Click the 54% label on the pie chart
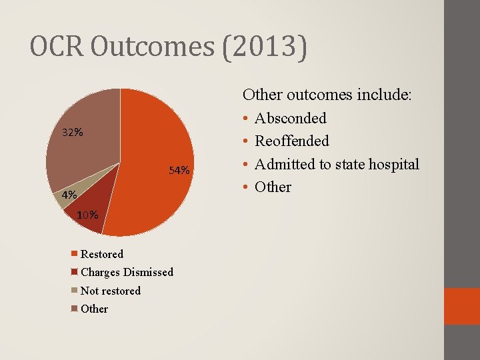tap(179, 171)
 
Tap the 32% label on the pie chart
tap(73, 132)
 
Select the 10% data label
tap(88, 215)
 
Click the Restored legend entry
tap(101, 254)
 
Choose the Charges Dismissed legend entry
tap(127, 272)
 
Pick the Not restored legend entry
tap(110, 291)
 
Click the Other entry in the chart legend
tap(94, 309)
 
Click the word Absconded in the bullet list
tap(291, 119)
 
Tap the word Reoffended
tap(292, 141)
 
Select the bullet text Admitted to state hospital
tap(337, 164)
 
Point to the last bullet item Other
tap(273, 187)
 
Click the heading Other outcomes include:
tap(327, 95)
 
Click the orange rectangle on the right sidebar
tap(462, 306)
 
